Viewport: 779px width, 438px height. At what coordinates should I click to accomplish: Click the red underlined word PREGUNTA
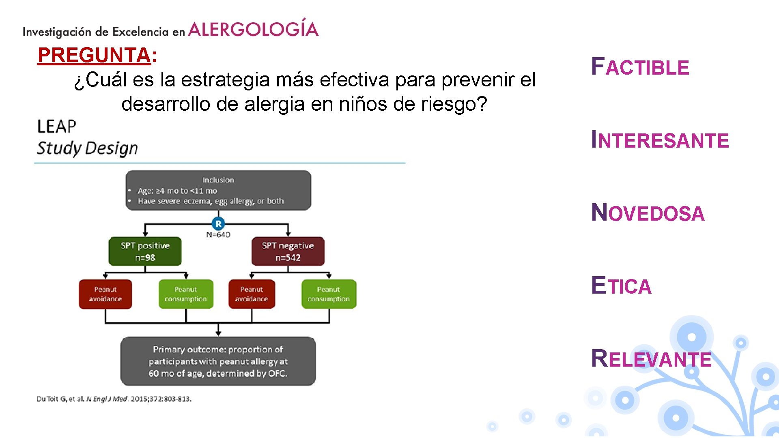coord(94,55)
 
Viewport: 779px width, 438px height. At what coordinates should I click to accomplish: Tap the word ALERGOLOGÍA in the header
coord(253,29)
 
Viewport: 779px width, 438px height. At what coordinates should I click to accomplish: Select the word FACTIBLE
coord(640,67)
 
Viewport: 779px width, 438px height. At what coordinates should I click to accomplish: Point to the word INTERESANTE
coord(660,140)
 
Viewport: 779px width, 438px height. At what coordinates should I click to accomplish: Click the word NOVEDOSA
coord(648,213)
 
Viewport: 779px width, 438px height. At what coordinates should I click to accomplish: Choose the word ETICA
coord(621,286)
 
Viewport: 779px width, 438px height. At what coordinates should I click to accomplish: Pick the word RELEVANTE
coord(651,359)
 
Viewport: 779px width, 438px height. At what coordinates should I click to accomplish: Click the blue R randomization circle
coord(218,224)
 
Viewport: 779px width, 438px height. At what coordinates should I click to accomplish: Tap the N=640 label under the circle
coord(218,235)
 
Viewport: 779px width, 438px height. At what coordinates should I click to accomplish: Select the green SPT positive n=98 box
coord(145,251)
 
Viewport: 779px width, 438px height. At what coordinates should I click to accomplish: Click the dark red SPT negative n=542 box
coord(288,251)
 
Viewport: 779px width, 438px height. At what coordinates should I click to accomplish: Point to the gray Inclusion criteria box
coord(218,191)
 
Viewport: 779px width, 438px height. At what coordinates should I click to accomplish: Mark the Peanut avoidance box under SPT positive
coord(105,294)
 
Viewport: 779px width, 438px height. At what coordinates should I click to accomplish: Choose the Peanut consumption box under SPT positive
coord(186,294)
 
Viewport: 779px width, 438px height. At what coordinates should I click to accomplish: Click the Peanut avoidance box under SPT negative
coord(252,294)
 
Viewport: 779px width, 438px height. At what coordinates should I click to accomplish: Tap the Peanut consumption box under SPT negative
coord(329,294)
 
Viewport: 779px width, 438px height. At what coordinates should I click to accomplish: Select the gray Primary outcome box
coord(218,361)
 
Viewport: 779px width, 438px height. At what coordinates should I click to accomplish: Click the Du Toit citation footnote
coord(114,399)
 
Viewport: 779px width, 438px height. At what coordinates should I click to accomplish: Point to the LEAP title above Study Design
coord(57,127)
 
